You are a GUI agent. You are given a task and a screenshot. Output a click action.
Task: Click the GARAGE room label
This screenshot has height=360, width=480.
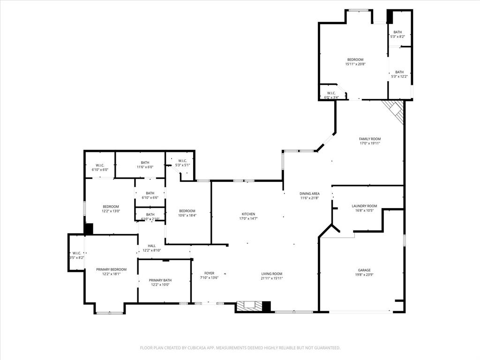pyautogui.click(x=364, y=270)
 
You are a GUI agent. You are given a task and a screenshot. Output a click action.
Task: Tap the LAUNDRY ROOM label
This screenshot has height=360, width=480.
pyautogui.click(x=364, y=206)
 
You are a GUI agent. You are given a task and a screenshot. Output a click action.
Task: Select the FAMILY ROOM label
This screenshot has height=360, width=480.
pyautogui.click(x=369, y=139)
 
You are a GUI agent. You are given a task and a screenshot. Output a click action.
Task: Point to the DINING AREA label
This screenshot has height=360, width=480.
pyautogui.click(x=309, y=193)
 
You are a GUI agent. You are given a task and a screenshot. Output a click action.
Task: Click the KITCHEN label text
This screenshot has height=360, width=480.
pyautogui.click(x=248, y=214)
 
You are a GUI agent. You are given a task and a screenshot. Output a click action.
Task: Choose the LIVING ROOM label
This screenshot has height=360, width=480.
pyautogui.click(x=272, y=273)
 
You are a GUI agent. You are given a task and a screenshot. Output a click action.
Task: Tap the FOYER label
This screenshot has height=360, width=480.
pyautogui.click(x=209, y=273)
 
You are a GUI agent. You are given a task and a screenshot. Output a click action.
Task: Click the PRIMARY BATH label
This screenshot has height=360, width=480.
pyautogui.click(x=161, y=280)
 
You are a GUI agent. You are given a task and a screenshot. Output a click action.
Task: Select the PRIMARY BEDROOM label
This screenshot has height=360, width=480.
pyautogui.click(x=111, y=269)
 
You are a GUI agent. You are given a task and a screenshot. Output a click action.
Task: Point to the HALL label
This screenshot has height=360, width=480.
pyautogui.click(x=151, y=246)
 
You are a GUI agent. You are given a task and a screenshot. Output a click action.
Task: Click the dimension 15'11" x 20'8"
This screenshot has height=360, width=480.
pyautogui.click(x=355, y=64)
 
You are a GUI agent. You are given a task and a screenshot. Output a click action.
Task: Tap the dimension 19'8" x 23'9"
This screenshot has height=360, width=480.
pyautogui.click(x=364, y=275)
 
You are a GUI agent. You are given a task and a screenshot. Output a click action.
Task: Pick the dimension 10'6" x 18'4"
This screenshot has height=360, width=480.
pyautogui.click(x=187, y=216)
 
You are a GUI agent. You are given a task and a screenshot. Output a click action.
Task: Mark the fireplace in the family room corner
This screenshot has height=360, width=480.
pyautogui.click(x=395, y=111)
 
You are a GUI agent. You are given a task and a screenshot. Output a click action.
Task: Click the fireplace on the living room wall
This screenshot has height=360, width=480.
pyautogui.click(x=248, y=306)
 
